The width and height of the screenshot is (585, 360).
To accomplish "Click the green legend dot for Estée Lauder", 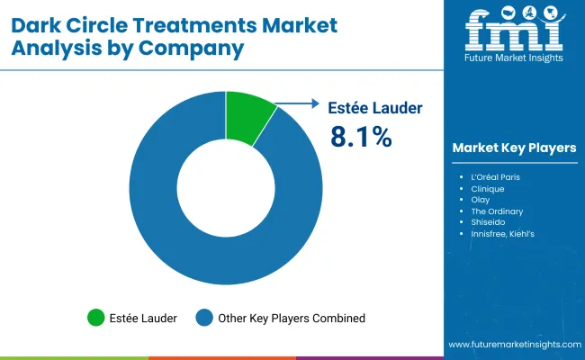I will click(x=95, y=317).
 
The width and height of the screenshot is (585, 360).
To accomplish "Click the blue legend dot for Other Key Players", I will click(x=204, y=317).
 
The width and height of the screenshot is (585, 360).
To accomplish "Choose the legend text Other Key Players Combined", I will click(x=290, y=318).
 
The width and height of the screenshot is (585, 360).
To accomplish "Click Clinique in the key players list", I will click(x=487, y=190).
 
